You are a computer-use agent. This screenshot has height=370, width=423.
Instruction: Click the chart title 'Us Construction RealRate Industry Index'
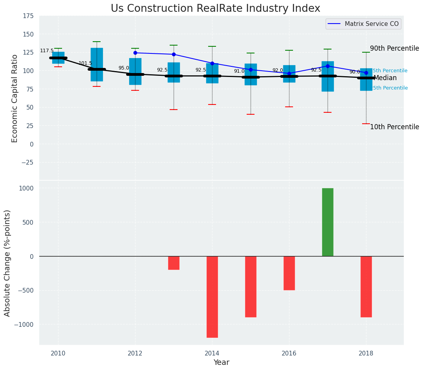click(215, 9)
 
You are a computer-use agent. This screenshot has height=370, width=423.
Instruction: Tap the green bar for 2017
click(328, 222)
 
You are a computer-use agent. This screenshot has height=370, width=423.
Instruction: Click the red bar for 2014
click(212, 297)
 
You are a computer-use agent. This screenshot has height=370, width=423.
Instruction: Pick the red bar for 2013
click(174, 263)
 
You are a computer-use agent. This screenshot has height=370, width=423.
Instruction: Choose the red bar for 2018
click(366, 286)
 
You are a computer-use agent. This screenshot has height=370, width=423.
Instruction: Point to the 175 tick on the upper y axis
click(29, 16)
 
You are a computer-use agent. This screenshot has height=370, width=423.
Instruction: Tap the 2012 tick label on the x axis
click(135, 353)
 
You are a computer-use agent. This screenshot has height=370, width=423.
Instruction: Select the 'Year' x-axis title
click(221, 363)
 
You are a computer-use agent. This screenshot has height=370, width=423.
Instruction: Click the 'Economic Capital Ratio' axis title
click(15, 98)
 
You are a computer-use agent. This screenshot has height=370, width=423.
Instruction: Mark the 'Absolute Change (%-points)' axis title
click(7, 263)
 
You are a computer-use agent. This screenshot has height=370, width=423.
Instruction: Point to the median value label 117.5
click(47, 51)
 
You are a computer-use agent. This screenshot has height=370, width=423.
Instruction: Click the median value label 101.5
click(85, 64)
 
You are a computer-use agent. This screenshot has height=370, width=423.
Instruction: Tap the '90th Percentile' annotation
click(394, 49)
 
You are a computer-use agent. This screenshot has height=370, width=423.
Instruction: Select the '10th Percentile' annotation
click(394, 127)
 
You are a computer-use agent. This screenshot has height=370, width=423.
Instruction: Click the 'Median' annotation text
click(385, 78)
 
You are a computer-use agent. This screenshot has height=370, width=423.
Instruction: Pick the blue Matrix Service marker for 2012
click(135, 53)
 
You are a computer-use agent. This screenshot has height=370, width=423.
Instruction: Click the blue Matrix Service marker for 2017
click(328, 66)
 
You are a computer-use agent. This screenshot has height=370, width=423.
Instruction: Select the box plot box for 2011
click(97, 64)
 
